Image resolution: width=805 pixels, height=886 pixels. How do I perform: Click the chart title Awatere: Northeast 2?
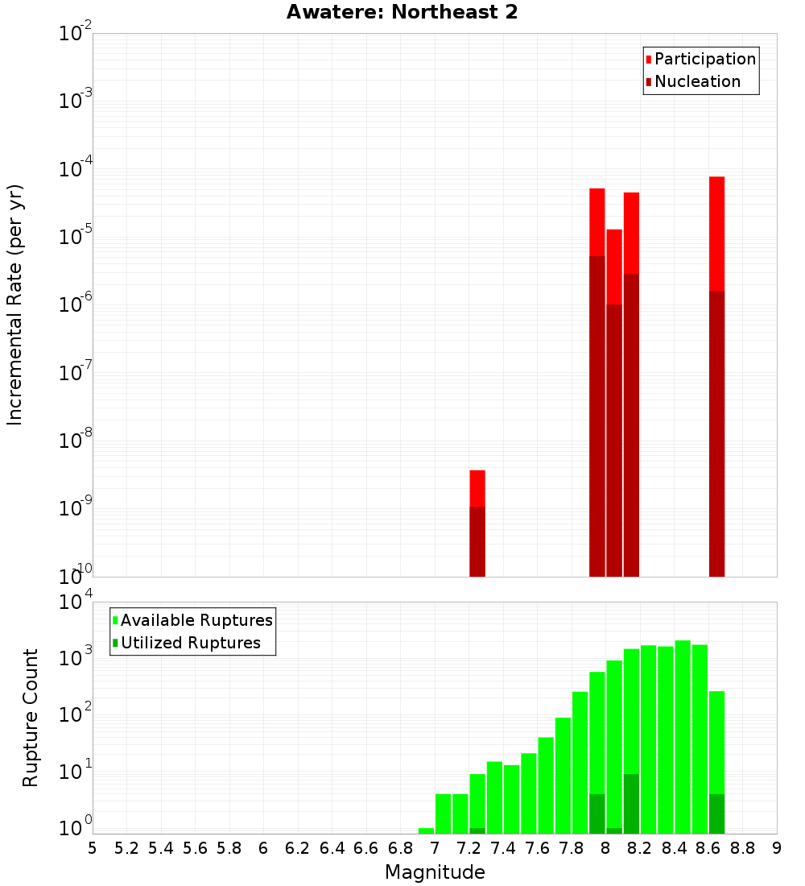402,13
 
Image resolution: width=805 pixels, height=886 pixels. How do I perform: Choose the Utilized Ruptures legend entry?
190,643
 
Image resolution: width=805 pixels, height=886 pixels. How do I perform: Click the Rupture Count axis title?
31,718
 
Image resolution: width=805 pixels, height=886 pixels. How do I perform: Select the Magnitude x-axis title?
435,872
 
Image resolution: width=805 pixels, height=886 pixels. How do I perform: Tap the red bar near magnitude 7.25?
477,488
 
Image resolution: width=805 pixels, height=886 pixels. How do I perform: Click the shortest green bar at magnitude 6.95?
426,830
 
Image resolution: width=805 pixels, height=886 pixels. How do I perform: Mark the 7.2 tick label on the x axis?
469,847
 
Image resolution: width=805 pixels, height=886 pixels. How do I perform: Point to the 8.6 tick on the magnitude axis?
708,847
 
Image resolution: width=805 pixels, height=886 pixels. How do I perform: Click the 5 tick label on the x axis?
93,847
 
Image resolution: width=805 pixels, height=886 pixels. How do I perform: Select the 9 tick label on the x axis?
777,847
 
